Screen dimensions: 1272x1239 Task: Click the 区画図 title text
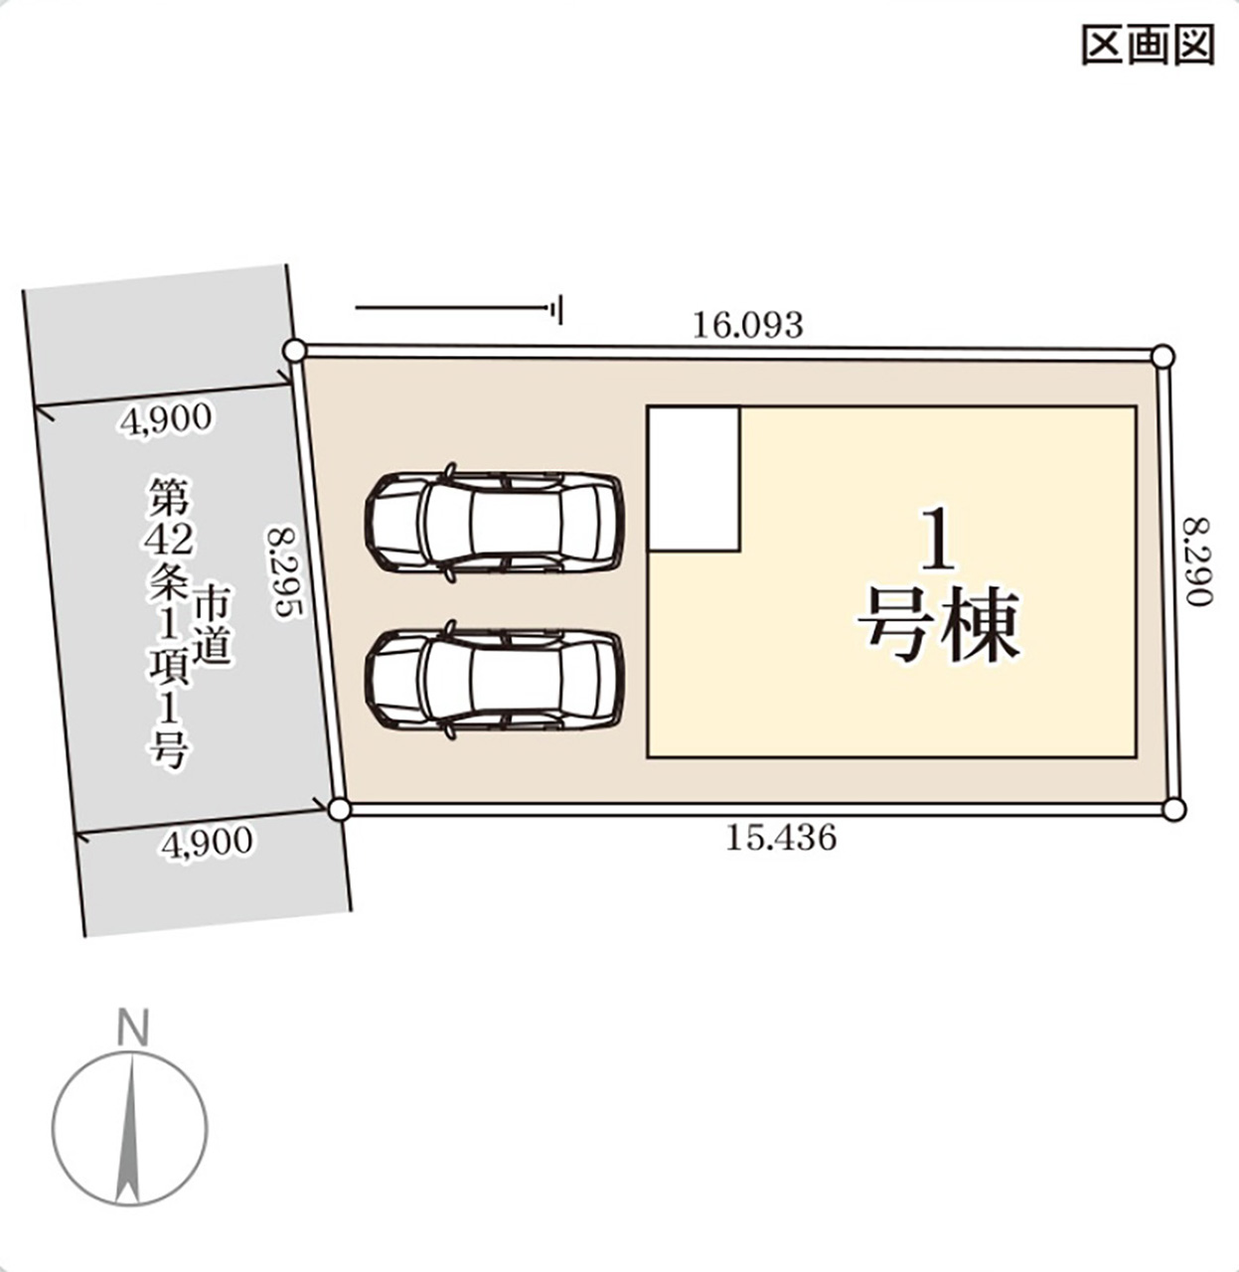pos(1148,46)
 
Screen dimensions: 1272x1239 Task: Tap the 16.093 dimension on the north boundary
pos(747,325)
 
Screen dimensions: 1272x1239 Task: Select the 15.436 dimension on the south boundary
pos(780,838)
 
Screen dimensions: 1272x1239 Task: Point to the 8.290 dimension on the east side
pos(1198,561)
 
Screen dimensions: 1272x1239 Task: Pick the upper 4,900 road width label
pos(166,419)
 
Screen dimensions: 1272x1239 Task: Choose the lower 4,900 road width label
pos(208,844)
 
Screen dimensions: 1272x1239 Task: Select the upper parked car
pos(494,521)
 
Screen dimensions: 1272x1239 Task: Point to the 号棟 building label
pos(938,627)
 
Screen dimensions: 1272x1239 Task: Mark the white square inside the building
pos(695,478)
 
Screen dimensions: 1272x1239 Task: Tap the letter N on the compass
pos(131,1029)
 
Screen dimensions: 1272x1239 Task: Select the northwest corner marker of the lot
pos(293,350)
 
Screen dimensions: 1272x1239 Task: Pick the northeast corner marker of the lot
pos(1162,357)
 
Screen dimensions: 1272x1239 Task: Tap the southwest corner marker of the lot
pos(339,809)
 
